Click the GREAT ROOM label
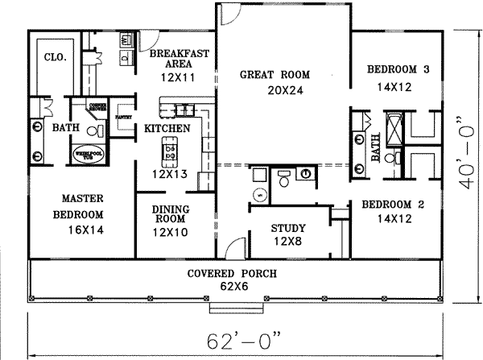pos(275,75)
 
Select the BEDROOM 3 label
pos(398,70)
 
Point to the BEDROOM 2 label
pos(391,204)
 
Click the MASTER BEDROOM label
pos(78,206)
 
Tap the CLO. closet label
pos(54,58)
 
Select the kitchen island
pos(169,147)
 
